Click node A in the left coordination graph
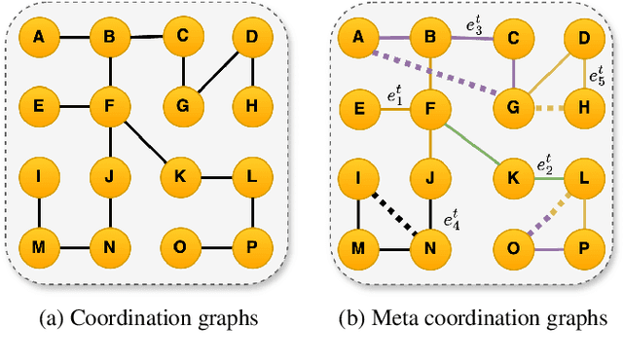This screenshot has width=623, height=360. pyautogui.click(x=39, y=38)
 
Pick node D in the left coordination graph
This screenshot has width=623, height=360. pyautogui.click(x=252, y=38)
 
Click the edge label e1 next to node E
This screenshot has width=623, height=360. pyautogui.click(x=394, y=95)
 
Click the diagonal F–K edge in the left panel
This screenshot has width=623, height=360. pyautogui.click(x=144, y=143)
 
